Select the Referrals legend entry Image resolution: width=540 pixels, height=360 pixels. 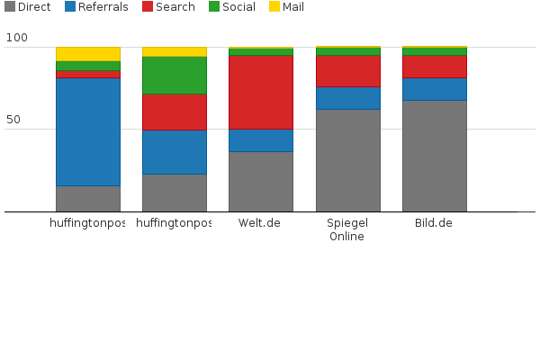pos(96,7)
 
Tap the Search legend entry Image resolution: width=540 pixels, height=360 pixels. pos(167,7)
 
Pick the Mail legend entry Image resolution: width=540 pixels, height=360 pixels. pos(287,7)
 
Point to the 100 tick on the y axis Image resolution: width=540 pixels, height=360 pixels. pos(16,39)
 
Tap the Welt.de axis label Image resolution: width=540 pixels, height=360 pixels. pos(260,223)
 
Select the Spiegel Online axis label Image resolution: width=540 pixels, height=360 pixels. pos(346,229)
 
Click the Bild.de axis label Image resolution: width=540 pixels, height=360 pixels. pos(433,223)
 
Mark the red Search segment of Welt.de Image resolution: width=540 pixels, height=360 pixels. pos(260,92)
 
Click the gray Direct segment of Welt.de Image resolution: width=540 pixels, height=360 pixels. pos(260,181)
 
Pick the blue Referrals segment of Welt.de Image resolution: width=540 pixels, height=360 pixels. pos(260,140)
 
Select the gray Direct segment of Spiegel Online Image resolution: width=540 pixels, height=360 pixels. pos(346,160)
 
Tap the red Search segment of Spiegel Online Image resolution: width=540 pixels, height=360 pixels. pos(346,71)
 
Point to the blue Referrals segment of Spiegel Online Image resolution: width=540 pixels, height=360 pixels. pos(346,98)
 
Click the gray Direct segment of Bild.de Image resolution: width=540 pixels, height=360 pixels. pos(434,156)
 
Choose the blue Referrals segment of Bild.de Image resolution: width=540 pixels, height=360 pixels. pos(434,89)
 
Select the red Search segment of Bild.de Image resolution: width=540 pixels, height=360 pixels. pos(434,67)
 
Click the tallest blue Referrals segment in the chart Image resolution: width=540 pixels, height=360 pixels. pos(87,131)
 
